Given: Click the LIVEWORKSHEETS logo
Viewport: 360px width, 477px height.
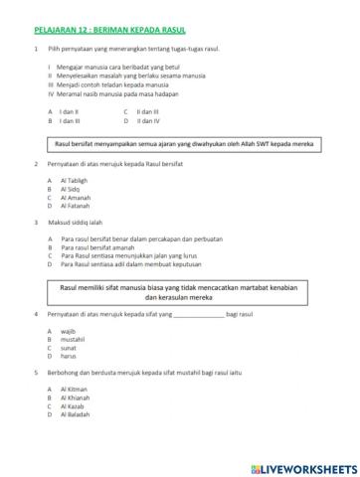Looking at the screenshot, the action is click(303, 464).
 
